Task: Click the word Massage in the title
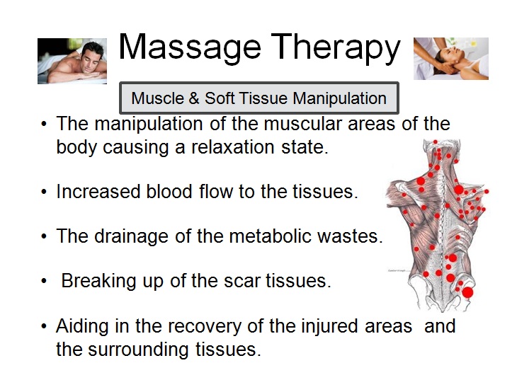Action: tap(190, 48)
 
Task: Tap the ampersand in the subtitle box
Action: tap(194, 98)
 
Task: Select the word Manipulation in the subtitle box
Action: tap(340, 98)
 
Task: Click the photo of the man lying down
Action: tap(72, 61)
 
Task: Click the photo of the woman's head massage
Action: tap(451, 59)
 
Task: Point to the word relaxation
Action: tap(233, 147)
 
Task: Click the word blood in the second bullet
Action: tap(169, 191)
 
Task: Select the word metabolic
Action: tap(270, 236)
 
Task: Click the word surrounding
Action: tap(138, 350)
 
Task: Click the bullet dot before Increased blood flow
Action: tap(44, 192)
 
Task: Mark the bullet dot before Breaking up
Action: tap(44, 282)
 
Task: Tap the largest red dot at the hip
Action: tap(467, 292)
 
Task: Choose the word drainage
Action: tap(132, 237)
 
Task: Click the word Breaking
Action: tap(98, 282)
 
